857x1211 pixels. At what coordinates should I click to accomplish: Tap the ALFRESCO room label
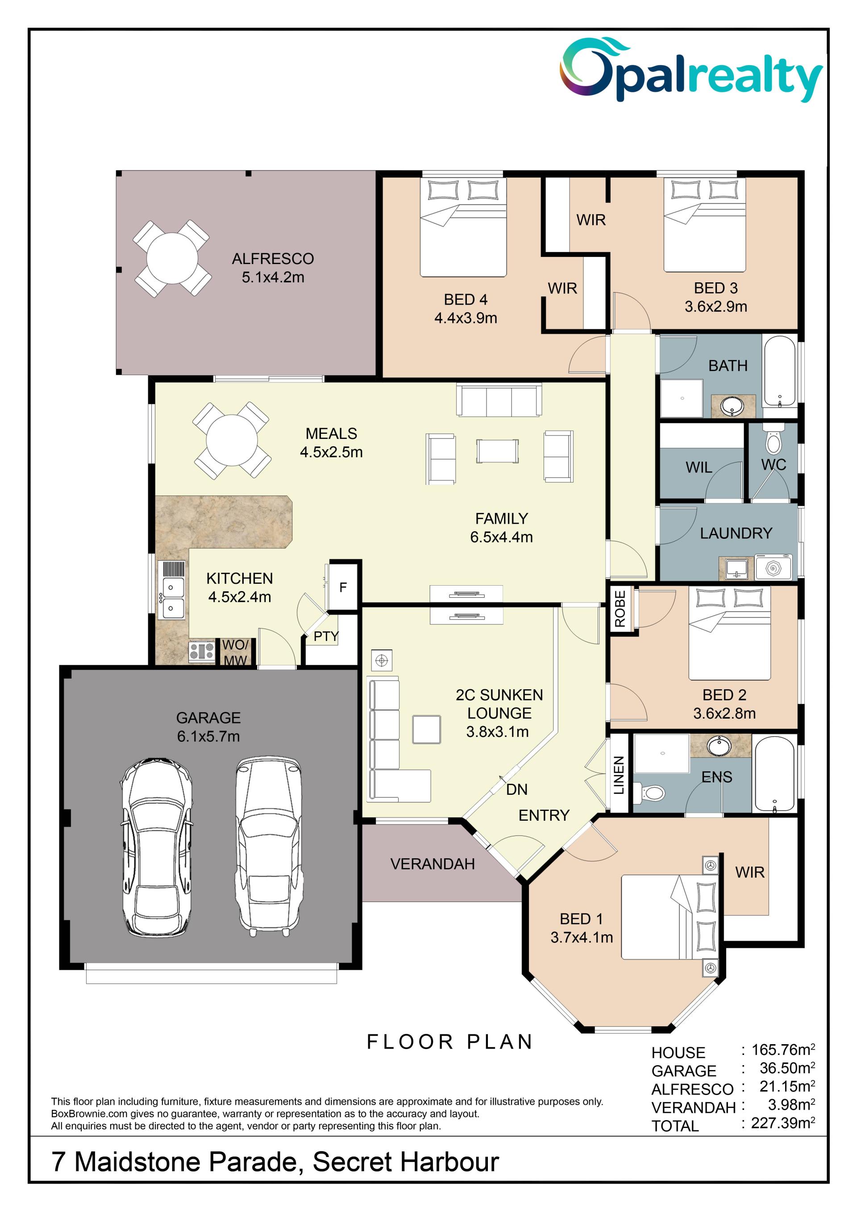point(273,259)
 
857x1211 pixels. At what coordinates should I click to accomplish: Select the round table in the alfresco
point(172,258)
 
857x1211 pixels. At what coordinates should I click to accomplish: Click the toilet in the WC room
point(773,442)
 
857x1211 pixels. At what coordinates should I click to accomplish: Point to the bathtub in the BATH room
point(779,371)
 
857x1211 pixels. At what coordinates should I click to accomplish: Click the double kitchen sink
point(173,598)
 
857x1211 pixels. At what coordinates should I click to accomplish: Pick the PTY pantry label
point(326,636)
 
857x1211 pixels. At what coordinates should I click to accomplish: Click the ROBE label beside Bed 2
point(620,609)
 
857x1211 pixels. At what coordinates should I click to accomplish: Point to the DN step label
point(516,789)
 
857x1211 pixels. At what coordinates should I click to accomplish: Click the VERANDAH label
point(433,864)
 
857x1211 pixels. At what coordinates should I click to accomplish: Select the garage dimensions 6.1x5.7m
point(208,736)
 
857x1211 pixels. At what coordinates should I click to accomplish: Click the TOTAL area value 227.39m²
point(783,1123)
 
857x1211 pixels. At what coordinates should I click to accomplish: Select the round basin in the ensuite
point(718,746)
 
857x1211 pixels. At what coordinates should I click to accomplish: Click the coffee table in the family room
point(498,451)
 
